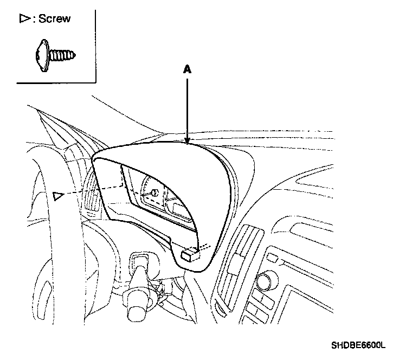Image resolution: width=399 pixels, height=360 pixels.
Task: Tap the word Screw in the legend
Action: click(x=54, y=19)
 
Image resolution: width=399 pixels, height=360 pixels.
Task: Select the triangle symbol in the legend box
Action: click(x=24, y=19)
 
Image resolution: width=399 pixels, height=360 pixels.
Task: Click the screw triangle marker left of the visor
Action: click(x=58, y=194)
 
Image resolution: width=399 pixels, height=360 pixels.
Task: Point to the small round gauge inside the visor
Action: click(x=153, y=191)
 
